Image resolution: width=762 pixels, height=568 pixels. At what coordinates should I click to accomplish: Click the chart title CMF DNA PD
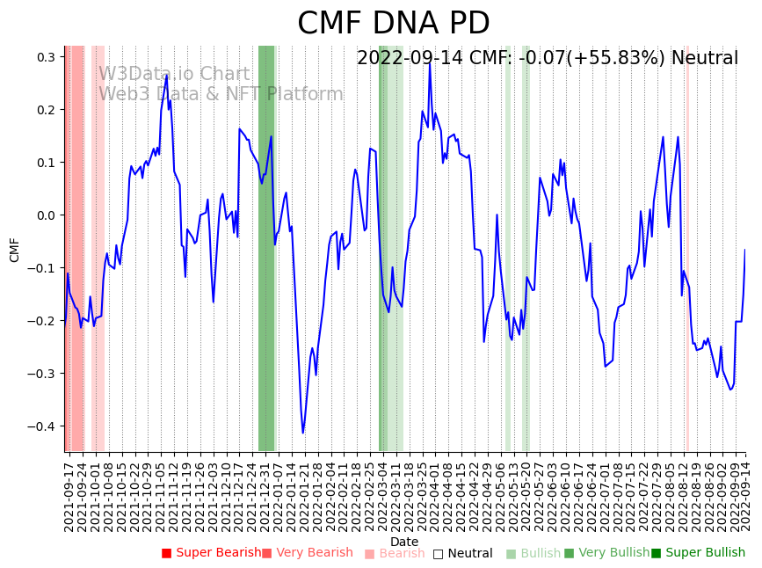393,24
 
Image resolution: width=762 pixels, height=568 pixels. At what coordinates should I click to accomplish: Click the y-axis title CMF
15,250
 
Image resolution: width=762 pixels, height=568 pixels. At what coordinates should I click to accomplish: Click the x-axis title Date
404,542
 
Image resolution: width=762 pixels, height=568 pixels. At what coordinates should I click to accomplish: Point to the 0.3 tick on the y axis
46,57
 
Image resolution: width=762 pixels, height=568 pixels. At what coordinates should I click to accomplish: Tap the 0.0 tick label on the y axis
46,215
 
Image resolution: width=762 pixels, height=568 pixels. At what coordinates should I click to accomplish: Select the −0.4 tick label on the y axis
42,426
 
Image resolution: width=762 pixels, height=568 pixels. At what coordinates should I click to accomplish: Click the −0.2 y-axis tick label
42,321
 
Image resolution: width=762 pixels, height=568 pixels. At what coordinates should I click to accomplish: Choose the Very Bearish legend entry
307,553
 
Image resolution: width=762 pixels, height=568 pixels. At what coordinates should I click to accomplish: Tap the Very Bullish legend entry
606,553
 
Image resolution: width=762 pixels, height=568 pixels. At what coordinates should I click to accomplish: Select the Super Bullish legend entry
698,553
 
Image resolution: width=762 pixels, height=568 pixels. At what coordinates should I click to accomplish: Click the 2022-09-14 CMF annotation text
547,59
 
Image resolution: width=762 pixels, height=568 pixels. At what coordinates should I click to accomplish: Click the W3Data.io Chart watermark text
174,74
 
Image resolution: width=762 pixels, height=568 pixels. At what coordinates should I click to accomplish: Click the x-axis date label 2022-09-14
745,494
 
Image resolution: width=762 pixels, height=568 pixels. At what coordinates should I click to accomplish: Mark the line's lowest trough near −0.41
303,433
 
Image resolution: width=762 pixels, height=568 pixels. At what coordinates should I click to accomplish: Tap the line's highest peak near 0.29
430,62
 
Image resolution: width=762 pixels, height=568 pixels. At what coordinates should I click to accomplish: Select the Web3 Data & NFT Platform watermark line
221,94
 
